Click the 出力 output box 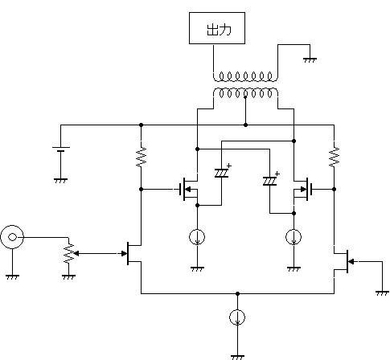coord(217,28)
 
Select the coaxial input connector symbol coord(12,237)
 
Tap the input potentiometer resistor coord(69,253)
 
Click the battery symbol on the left coord(61,149)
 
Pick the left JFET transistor coord(131,253)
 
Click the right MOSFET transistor coord(303,190)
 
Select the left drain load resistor coord(142,157)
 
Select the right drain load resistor coord(335,157)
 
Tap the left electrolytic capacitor coord(222,173)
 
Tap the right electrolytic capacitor coord(270,181)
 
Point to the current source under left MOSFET coord(197,237)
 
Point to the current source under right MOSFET coord(294,237)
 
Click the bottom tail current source coord(237,317)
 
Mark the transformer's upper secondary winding coord(245,76)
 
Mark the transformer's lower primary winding coord(245,93)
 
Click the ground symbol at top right coord(310,60)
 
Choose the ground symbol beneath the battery coord(61,181)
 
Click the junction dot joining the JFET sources coord(237,294)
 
